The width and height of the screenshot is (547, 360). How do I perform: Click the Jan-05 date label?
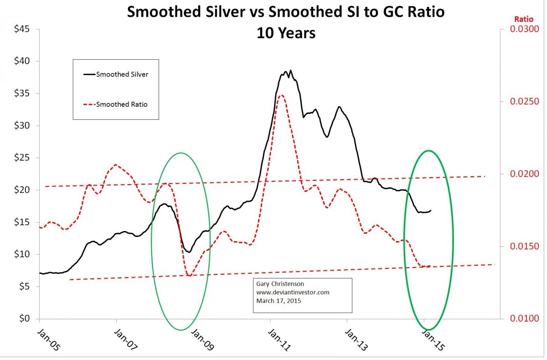47,339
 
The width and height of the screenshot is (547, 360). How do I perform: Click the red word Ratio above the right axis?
523,19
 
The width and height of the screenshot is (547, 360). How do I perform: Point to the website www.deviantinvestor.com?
293,292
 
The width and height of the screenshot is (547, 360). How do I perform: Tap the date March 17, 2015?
279,301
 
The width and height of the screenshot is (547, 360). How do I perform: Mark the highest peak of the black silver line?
290,71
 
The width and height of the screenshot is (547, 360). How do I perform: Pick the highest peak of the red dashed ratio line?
282,95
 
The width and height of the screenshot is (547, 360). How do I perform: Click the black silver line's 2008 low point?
188,252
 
